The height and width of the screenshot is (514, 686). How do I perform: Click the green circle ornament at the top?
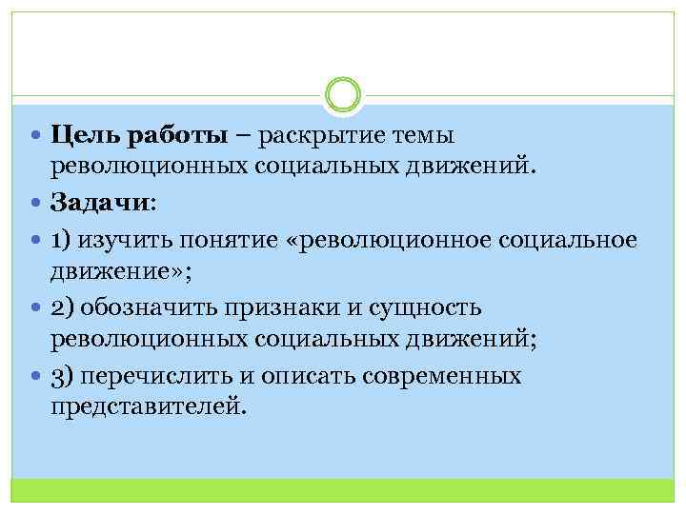point(343,94)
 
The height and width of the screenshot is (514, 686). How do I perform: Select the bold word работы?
point(171,136)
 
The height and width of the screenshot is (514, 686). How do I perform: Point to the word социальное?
point(569,238)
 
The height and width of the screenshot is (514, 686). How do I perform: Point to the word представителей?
point(148,408)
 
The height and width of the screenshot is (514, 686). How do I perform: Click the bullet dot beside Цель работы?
point(36,135)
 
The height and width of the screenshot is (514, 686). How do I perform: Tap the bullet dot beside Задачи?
point(36,204)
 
